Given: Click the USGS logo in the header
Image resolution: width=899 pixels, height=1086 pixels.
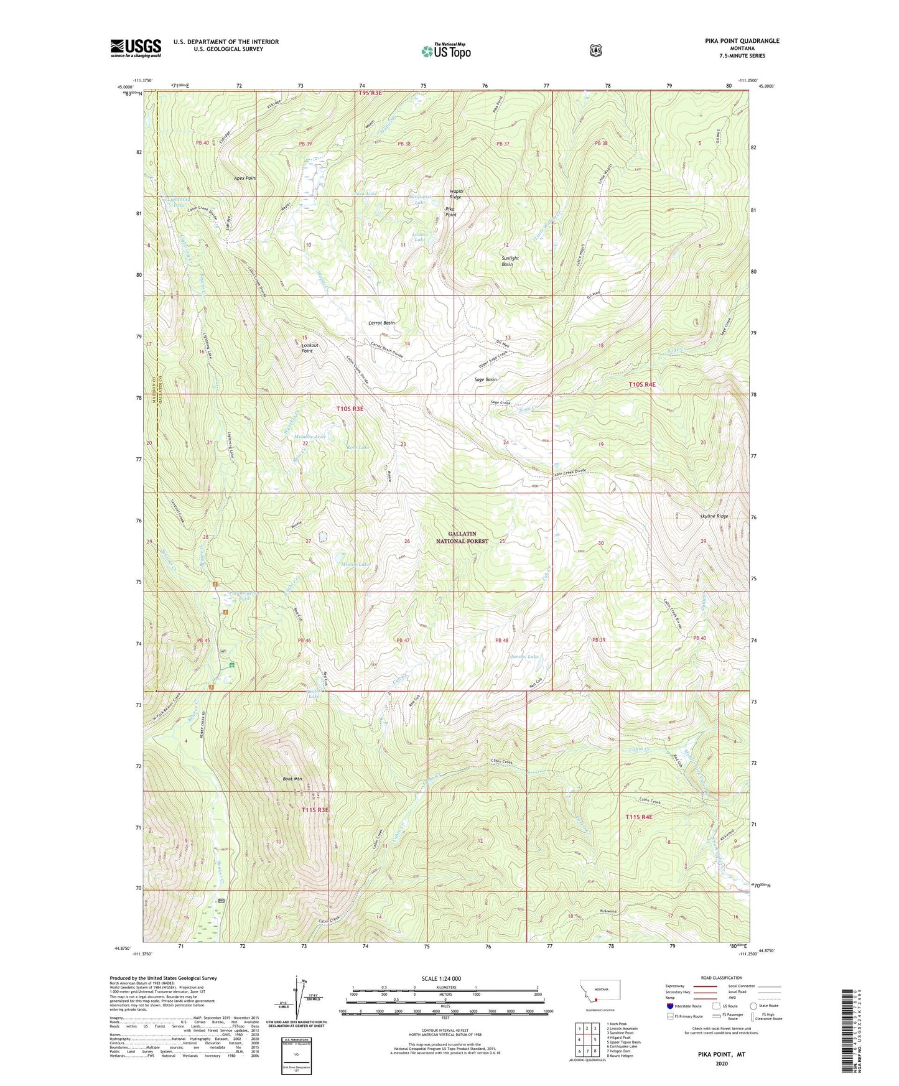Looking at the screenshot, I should (136, 48).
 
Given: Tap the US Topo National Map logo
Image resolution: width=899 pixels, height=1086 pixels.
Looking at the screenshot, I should (445, 51).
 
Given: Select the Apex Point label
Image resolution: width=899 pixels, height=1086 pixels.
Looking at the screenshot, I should (245, 179).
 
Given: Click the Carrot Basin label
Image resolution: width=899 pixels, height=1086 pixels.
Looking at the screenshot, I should (381, 323).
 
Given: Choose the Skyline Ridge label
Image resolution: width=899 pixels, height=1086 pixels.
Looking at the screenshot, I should (713, 516).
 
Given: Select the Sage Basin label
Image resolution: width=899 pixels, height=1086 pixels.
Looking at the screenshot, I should (486, 379).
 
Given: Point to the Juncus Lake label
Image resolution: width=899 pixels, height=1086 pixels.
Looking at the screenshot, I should (524, 656).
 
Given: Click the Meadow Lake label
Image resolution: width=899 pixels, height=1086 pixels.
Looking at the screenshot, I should (310, 437).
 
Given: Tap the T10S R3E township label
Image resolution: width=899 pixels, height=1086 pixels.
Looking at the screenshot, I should (350, 409).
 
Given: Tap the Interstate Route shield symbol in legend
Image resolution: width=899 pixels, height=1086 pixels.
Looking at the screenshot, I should (669, 1005).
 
